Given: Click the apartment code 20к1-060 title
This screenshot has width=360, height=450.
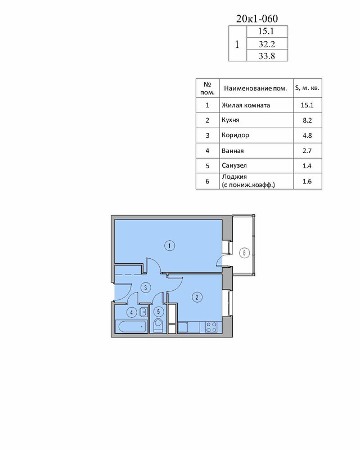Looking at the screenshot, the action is tap(257, 19).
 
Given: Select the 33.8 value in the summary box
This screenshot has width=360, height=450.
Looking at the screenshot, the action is tap(267, 56).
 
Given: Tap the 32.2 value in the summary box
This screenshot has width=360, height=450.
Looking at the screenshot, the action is tap(267, 44).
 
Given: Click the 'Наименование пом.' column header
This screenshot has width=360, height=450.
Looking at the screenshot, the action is tap(255, 88).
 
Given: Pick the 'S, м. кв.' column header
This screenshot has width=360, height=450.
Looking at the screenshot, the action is tap(307, 88).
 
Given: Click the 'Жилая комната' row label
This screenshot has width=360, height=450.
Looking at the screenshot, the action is tap(246, 105).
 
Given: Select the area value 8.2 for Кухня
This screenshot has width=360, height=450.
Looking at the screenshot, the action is tap(307, 120).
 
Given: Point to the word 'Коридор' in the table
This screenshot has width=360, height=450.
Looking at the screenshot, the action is tap(235, 135).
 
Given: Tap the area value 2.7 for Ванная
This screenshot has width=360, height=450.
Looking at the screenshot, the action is tap(307, 151).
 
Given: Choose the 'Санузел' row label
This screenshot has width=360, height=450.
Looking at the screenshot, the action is tap(234, 165).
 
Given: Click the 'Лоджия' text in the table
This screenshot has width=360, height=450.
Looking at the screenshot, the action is tap(234, 177).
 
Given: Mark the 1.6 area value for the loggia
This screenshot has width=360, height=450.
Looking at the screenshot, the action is tap(307, 181).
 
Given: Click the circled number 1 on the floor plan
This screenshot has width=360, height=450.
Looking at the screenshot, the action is tap(170, 246).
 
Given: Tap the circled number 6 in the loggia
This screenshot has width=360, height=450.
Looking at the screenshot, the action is tap(244, 253).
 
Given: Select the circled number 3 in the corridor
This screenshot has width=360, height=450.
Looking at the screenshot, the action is tap(146, 287).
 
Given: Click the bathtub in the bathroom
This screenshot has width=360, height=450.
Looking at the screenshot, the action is tap(132, 327).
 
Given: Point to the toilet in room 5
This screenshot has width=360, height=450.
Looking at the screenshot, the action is tap(158, 325).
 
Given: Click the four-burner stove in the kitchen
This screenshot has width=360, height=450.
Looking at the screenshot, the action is tap(211, 327).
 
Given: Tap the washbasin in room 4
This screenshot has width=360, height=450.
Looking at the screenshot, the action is tap(143, 312).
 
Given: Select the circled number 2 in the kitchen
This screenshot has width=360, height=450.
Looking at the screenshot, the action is tap(197, 297).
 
